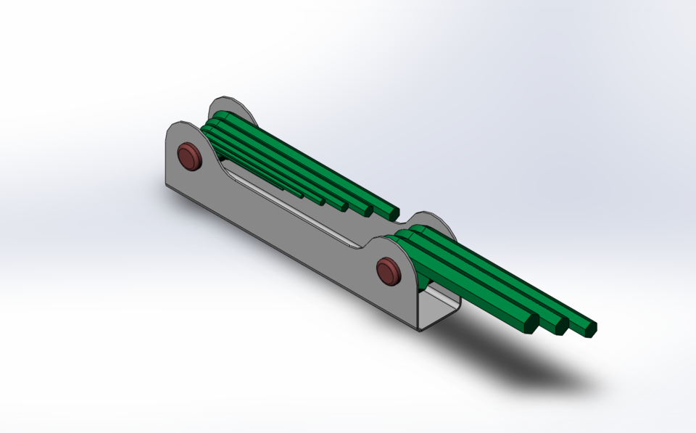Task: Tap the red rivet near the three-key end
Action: [x=389, y=271]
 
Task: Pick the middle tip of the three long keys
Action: [x=560, y=327]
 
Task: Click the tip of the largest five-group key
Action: [x=392, y=213]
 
